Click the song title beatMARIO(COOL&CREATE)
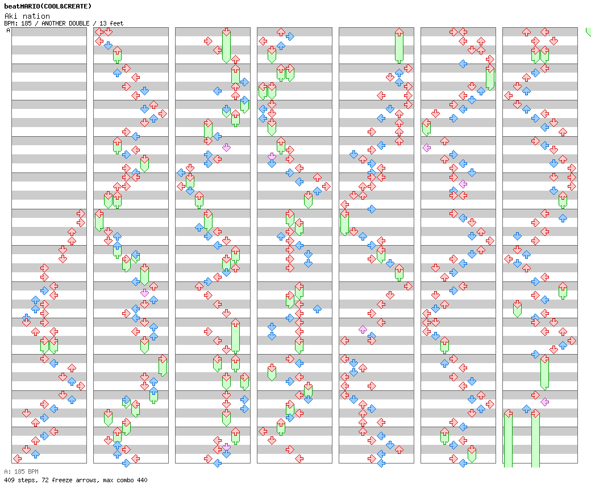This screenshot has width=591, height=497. click(x=47, y=6)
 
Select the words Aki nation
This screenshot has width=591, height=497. click(x=27, y=16)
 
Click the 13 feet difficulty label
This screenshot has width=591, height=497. click(x=111, y=23)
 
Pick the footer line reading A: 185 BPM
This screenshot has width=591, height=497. click(x=21, y=471)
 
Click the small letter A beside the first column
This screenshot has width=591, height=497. click(x=9, y=30)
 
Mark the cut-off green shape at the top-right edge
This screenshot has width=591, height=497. click(x=588, y=31)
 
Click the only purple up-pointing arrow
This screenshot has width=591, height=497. click(x=363, y=329)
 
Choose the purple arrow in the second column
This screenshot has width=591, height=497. click(x=144, y=293)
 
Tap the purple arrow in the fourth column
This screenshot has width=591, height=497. click(x=272, y=156)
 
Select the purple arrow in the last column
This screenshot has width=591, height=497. click(x=544, y=402)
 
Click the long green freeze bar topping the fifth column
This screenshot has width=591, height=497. click(x=399, y=45)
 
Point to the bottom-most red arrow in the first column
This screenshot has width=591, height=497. click(x=17, y=458)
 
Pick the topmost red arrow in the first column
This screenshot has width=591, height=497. click(x=81, y=213)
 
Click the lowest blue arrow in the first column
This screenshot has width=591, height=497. click(x=35, y=454)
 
